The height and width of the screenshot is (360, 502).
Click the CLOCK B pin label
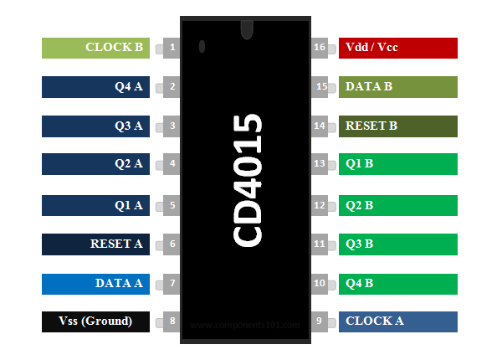[96, 48]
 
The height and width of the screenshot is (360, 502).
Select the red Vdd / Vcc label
[398, 48]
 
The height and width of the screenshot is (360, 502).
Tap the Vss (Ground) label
[96, 321]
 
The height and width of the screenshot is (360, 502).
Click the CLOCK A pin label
[398, 321]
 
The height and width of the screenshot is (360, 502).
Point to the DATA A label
[96, 283]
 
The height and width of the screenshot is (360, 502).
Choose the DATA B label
[398, 86]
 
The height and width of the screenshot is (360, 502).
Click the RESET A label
[96, 244]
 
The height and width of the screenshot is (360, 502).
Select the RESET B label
[398, 126]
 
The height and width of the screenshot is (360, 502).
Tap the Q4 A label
[96, 86]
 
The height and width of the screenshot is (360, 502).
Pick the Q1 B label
[398, 164]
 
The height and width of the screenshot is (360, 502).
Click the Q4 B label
[398, 283]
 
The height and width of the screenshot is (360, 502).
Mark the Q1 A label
[96, 204]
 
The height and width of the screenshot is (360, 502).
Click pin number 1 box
[172, 48]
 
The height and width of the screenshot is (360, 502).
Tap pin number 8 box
[172, 321]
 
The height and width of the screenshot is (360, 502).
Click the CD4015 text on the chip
[248, 181]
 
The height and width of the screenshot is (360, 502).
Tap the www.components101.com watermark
[244, 325]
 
